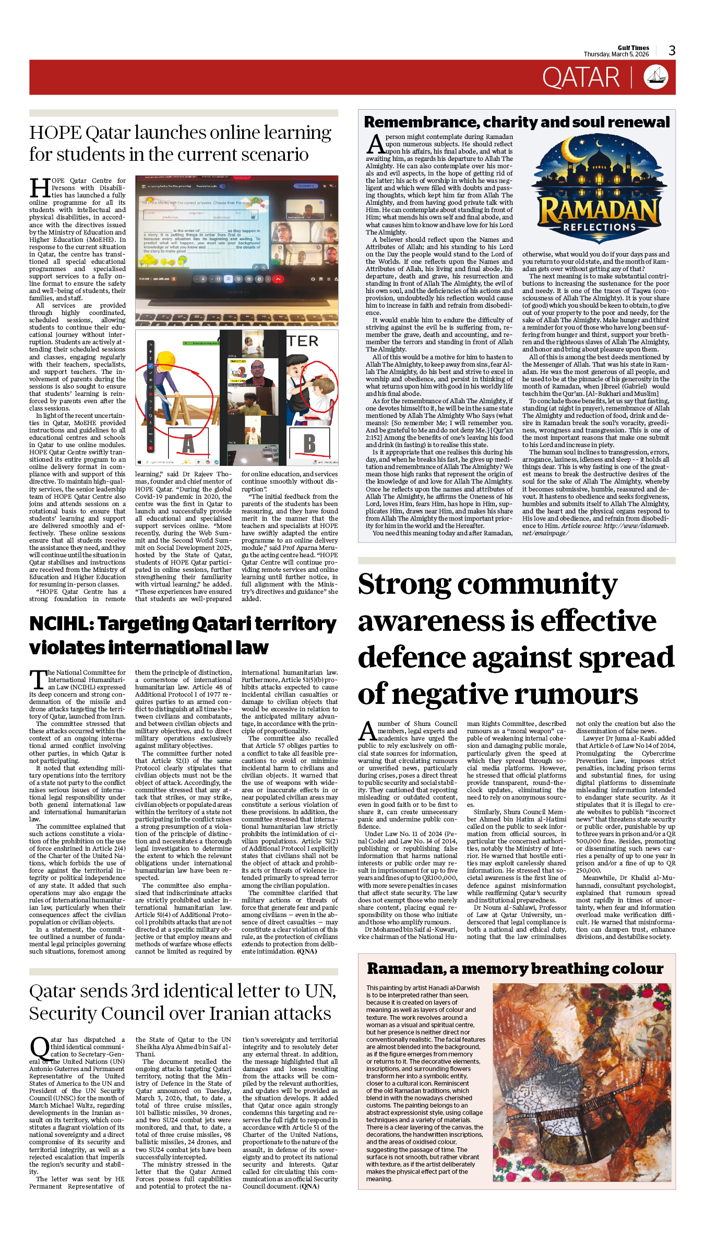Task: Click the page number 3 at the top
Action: pyautogui.click(x=672, y=51)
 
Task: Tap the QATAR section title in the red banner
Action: pyautogui.click(x=580, y=78)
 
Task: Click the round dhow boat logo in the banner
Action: pyautogui.click(x=656, y=77)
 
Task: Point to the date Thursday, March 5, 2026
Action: pyautogui.click(x=616, y=54)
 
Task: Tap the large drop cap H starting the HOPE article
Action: pyautogui.click(x=40, y=189)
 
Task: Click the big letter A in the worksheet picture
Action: pyautogui.click(x=188, y=444)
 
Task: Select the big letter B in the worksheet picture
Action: pyautogui.click(x=309, y=443)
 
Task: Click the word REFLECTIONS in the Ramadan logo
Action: pyautogui.click(x=599, y=227)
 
